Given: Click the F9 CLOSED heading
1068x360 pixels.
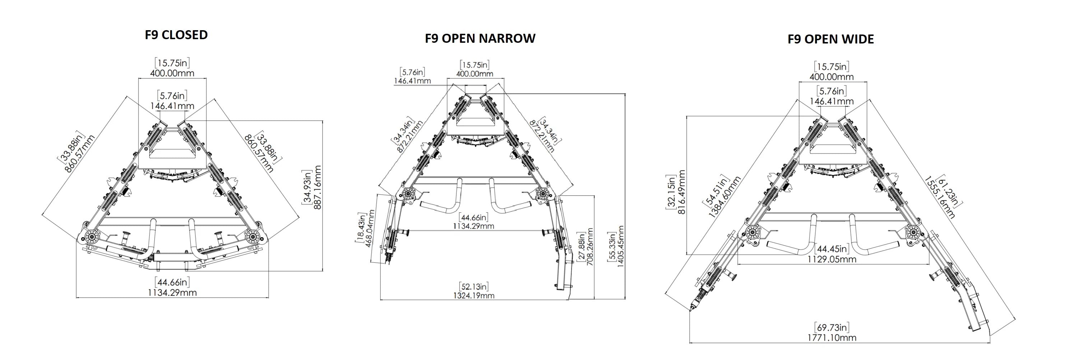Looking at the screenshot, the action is [x=176, y=34].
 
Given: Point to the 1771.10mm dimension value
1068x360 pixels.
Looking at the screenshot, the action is [x=832, y=338].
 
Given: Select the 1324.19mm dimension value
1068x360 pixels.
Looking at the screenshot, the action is [x=474, y=296].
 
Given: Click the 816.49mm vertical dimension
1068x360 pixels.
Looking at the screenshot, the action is [x=681, y=191].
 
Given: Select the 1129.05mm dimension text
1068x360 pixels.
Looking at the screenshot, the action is [x=832, y=259].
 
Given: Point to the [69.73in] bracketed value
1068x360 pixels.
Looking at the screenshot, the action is [x=832, y=327].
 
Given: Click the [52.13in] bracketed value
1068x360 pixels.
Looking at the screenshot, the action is [x=474, y=287].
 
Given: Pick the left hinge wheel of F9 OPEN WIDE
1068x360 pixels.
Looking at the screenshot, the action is [x=752, y=233].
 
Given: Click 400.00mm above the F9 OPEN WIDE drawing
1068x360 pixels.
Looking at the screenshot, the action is [x=832, y=77].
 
